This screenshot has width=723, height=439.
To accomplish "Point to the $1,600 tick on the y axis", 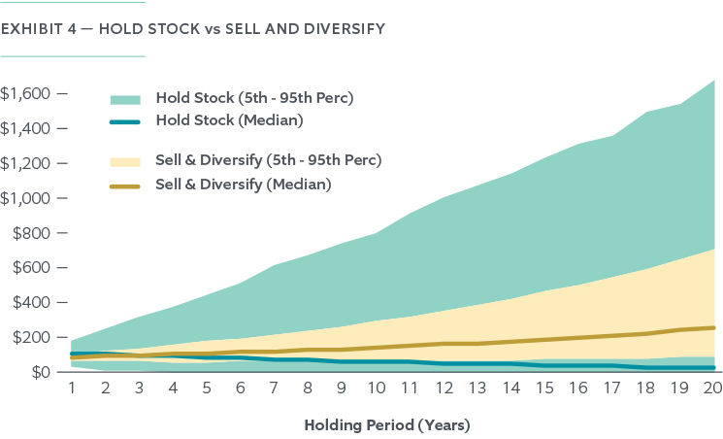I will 27,94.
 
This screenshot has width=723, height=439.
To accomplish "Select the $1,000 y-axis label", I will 27,198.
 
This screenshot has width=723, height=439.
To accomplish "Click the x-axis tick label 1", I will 72,388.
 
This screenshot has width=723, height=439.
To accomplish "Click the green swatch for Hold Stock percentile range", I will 125,99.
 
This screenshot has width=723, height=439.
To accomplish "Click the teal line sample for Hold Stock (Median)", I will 125,121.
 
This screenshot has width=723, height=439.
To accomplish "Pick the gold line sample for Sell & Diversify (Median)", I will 125,184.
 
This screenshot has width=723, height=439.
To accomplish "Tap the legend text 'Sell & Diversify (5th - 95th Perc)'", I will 268,160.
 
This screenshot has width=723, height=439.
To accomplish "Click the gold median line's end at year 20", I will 713,327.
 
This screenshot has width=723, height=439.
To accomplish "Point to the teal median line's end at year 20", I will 713,367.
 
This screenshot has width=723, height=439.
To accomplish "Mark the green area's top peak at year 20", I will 714,81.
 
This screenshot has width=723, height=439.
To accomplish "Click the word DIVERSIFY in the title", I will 343,29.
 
